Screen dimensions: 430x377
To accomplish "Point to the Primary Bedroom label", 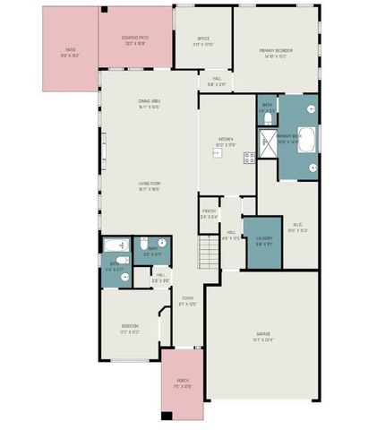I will (x=278, y=50).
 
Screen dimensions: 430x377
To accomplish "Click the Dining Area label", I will (x=149, y=104).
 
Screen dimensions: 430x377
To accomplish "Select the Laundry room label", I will (x=263, y=239).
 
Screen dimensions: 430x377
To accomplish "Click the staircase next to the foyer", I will (x=208, y=254).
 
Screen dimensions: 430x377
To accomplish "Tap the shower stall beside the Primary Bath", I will (x=267, y=140).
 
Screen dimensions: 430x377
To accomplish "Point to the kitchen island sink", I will (x=216, y=153).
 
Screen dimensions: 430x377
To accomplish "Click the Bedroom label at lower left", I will (x=130, y=328).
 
